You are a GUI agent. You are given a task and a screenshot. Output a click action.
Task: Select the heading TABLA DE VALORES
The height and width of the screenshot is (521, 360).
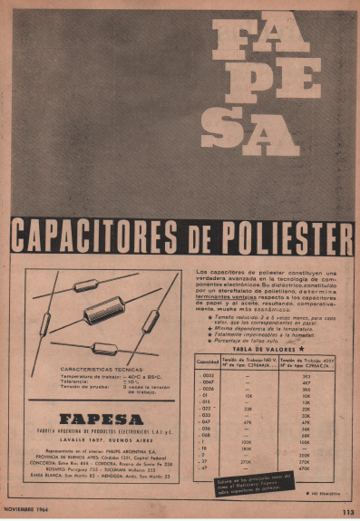[268, 347]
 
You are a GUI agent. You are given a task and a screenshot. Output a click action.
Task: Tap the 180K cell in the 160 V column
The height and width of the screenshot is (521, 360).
[247, 448]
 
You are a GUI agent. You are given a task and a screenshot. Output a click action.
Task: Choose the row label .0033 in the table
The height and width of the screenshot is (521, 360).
[208, 375]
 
